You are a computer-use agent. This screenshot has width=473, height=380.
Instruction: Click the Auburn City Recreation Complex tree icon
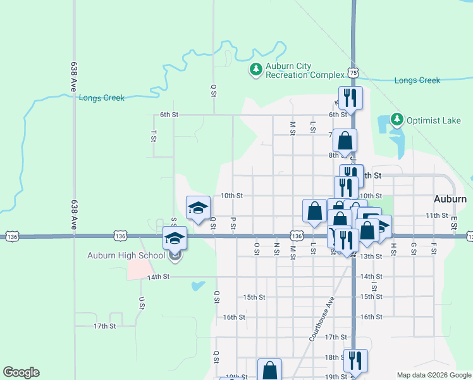click(255, 69)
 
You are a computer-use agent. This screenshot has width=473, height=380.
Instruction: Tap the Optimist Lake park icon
click(396, 119)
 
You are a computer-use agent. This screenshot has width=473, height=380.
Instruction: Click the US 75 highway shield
click(353, 73)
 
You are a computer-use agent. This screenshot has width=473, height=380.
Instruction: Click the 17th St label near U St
click(104, 326)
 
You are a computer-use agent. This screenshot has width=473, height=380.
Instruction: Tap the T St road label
click(154, 136)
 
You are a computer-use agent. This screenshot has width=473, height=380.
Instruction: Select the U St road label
click(141, 303)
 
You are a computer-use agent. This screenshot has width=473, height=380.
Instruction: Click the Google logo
click(21, 372)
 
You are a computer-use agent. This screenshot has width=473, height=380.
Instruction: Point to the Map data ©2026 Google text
click(433, 375)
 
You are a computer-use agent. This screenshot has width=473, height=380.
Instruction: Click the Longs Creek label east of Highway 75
click(417, 80)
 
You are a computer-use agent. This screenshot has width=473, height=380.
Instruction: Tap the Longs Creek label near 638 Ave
click(101, 98)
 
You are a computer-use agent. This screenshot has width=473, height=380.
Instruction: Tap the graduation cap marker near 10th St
click(198, 207)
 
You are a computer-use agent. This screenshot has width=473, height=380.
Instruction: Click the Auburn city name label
click(450, 199)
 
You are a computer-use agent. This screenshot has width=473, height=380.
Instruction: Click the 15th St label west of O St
click(253, 297)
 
